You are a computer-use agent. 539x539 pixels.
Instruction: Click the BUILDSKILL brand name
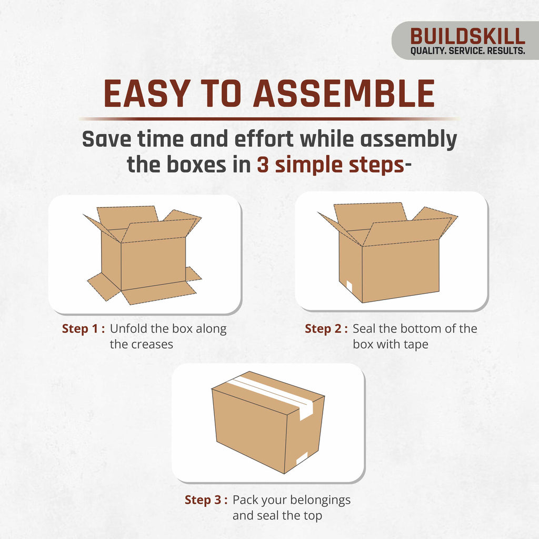467,36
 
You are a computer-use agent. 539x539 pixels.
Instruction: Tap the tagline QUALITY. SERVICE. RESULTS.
467,51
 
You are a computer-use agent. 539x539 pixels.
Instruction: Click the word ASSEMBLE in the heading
344,94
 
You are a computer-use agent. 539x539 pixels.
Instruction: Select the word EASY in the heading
147,94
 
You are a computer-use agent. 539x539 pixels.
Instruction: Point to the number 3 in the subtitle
263,165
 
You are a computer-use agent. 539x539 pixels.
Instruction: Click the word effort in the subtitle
264,139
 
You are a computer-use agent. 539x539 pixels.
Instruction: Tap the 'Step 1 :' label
84,328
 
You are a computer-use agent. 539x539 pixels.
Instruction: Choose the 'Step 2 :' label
326,328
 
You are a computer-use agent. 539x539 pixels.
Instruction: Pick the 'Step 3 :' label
206,500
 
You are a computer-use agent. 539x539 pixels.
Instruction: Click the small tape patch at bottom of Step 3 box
302,458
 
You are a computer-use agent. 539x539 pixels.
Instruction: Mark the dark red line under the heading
269,119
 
